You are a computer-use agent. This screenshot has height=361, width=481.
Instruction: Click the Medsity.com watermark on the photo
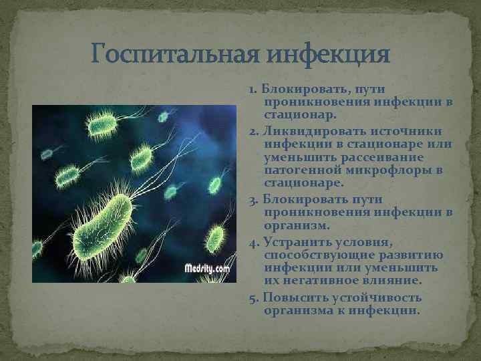point(206,269)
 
